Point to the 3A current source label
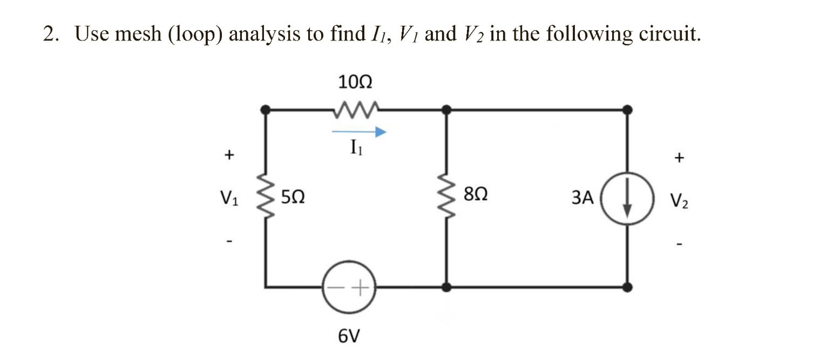(x=582, y=199)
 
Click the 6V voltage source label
(x=348, y=337)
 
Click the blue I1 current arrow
(x=359, y=131)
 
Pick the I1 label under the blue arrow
(x=355, y=147)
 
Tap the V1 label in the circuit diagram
(x=229, y=198)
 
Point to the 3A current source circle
(x=627, y=198)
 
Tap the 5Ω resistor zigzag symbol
(x=266, y=198)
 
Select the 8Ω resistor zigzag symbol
(x=447, y=198)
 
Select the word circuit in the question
(x=669, y=35)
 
